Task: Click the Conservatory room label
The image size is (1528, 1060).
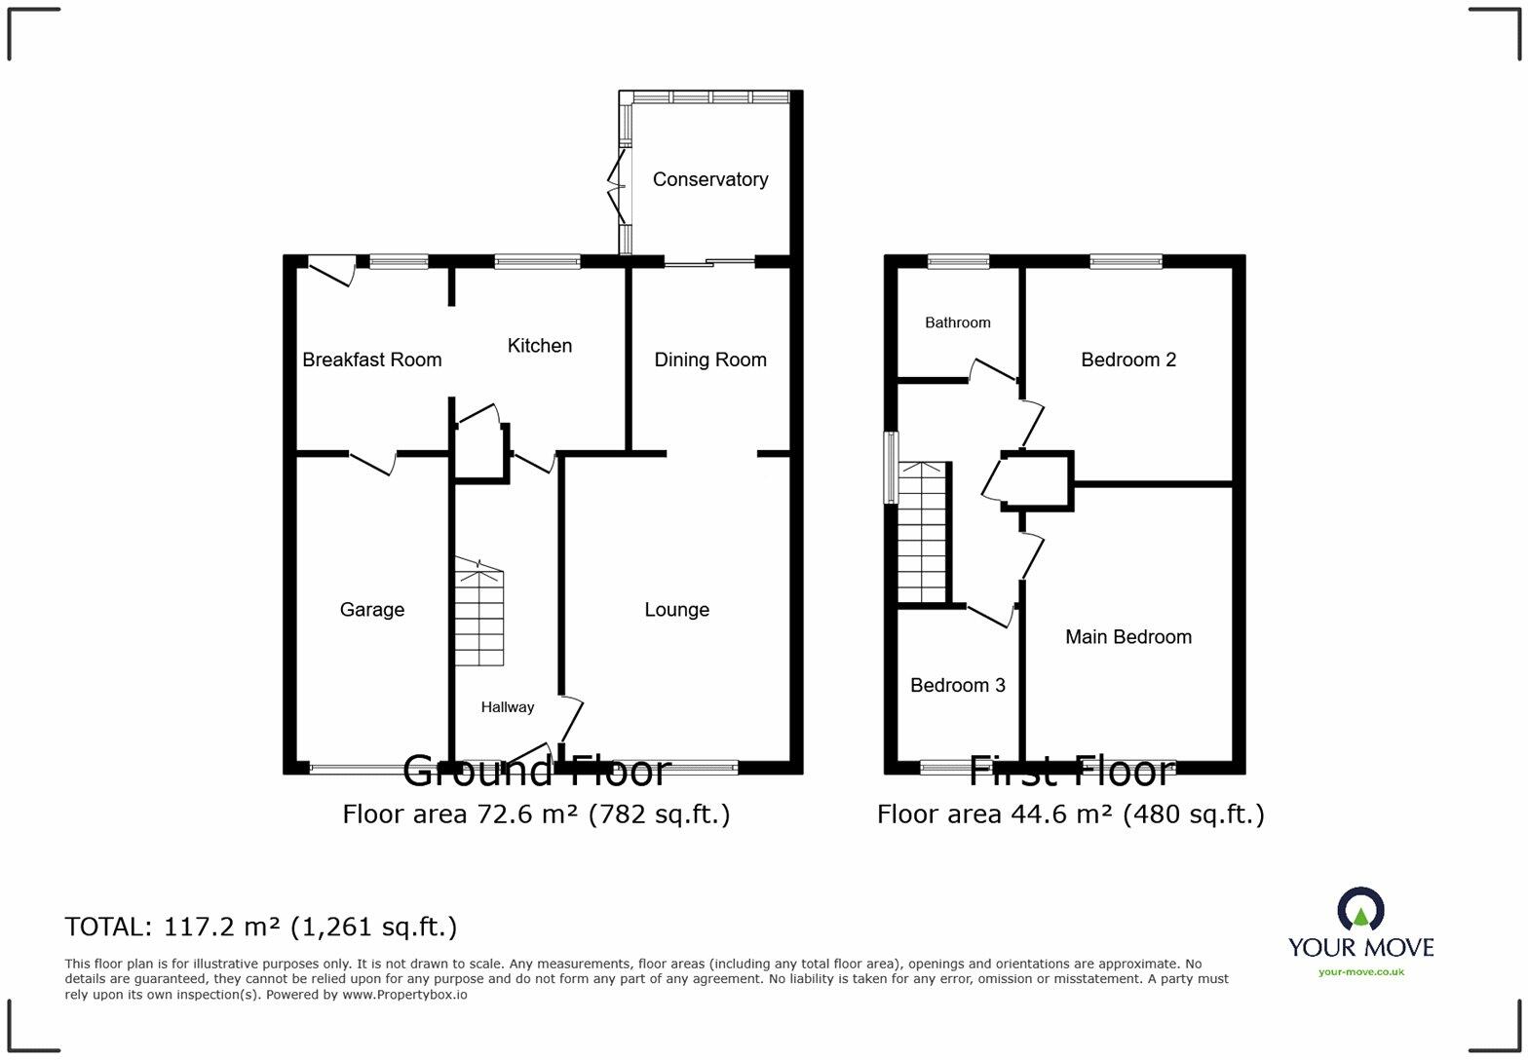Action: [709, 179]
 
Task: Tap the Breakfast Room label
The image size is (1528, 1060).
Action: [371, 360]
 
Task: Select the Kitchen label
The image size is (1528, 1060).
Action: [539, 346]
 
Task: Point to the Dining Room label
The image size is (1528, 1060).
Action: [709, 360]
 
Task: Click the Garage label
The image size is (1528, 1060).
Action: [371, 610]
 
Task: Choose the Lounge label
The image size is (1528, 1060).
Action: [676, 610]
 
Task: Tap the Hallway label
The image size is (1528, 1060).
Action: [507, 707]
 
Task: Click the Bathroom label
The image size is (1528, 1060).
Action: [957, 322]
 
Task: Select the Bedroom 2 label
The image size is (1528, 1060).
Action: [1127, 360]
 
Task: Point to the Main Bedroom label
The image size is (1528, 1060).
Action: [1127, 637]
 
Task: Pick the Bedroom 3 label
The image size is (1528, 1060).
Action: [957, 686]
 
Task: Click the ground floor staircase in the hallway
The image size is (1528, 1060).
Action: [478, 614]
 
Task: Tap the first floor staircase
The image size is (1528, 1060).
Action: [922, 533]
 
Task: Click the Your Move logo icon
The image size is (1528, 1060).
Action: [1360, 908]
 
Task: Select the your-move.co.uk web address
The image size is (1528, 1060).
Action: [1360, 971]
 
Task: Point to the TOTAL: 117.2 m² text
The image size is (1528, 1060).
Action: [260, 927]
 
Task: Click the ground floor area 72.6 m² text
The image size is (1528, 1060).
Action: [536, 814]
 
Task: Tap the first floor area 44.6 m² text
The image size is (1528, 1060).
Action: [1070, 814]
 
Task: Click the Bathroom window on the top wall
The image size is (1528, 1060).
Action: [957, 261]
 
